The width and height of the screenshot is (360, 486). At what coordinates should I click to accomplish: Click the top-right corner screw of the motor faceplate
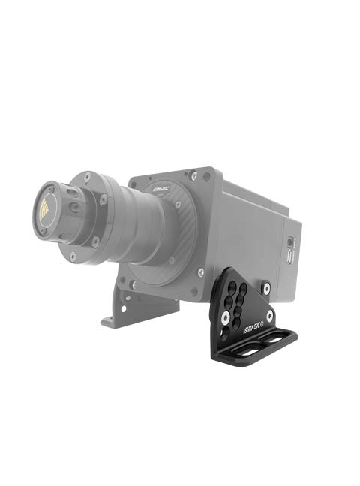point(195,176)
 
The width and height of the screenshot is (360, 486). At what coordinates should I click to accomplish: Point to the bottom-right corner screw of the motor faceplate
point(200,271)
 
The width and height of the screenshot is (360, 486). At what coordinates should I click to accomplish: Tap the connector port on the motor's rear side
point(291,247)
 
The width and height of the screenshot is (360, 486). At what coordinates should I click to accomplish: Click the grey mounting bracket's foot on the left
point(113,320)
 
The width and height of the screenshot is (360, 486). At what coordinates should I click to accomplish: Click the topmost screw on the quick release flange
point(87,176)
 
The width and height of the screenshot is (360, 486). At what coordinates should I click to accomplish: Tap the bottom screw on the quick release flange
point(73,256)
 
